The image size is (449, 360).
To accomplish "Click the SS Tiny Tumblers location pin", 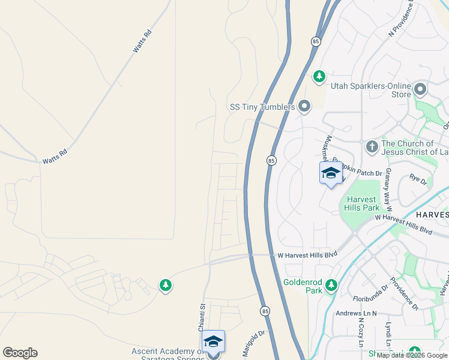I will point(304,107).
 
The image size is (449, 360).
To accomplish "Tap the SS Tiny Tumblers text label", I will point(262,107).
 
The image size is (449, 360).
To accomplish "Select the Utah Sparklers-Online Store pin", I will point(420,90).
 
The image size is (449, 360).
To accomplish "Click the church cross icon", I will point(372,146).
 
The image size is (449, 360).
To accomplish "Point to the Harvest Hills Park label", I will point(361,203).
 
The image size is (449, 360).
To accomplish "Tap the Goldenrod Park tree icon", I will point(330,285).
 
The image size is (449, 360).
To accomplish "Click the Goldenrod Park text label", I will point(303,285).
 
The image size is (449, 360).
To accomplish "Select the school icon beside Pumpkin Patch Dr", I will point(331,173).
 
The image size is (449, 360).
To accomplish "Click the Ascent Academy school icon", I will point(213,341).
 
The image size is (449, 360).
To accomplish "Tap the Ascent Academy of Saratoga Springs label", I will point(167,355).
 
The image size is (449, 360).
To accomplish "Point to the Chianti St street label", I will point(203,314).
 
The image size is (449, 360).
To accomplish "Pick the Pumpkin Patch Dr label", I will point(358,173).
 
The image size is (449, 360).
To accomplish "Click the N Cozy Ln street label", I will point(361,333).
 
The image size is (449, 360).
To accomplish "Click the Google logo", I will point(20,353).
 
